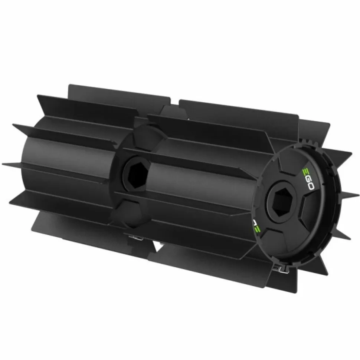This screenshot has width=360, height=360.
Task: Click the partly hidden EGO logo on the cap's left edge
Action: [x=256, y=225]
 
